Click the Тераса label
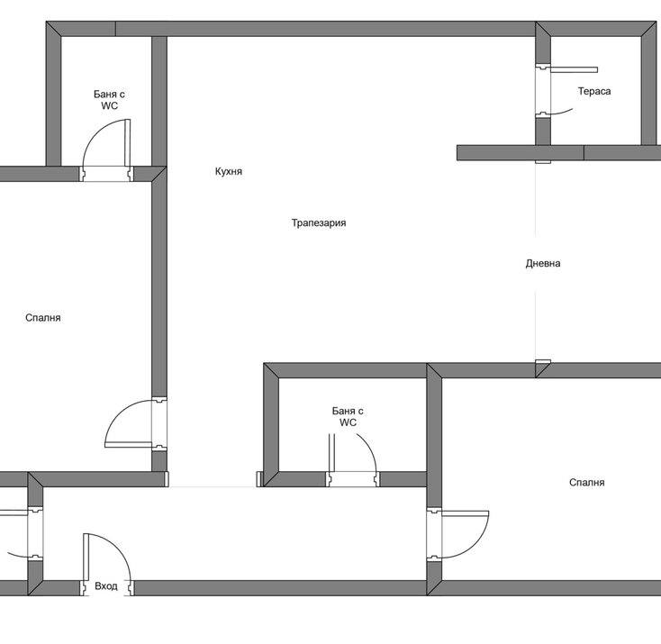[x=594, y=91]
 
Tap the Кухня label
[x=229, y=171]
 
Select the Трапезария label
[x=319, y=222]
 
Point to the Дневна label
[x=543, y=263]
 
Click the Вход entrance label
[x=105, y=585]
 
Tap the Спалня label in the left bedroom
[x=43, y=318]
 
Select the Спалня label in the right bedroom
[x=587, y=482]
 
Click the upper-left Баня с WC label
[x=109, y=100]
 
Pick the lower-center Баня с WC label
[x=348, y=417]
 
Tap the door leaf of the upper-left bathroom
[x=128, y=142]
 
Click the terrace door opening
[x=543, y=91]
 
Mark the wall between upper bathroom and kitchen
[x=159, y=101]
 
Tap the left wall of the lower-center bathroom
[x=271, y=425]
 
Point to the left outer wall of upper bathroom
[x=53, y=94]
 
